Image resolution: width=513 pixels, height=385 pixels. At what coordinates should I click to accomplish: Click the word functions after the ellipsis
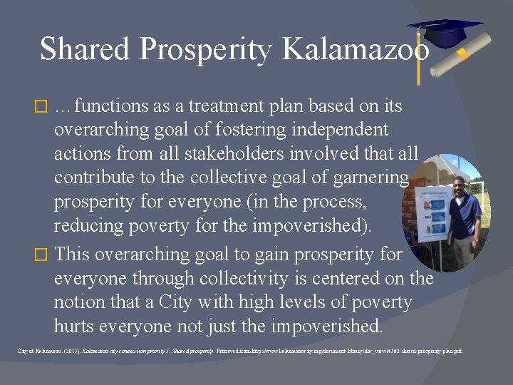tap(111, 107)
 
